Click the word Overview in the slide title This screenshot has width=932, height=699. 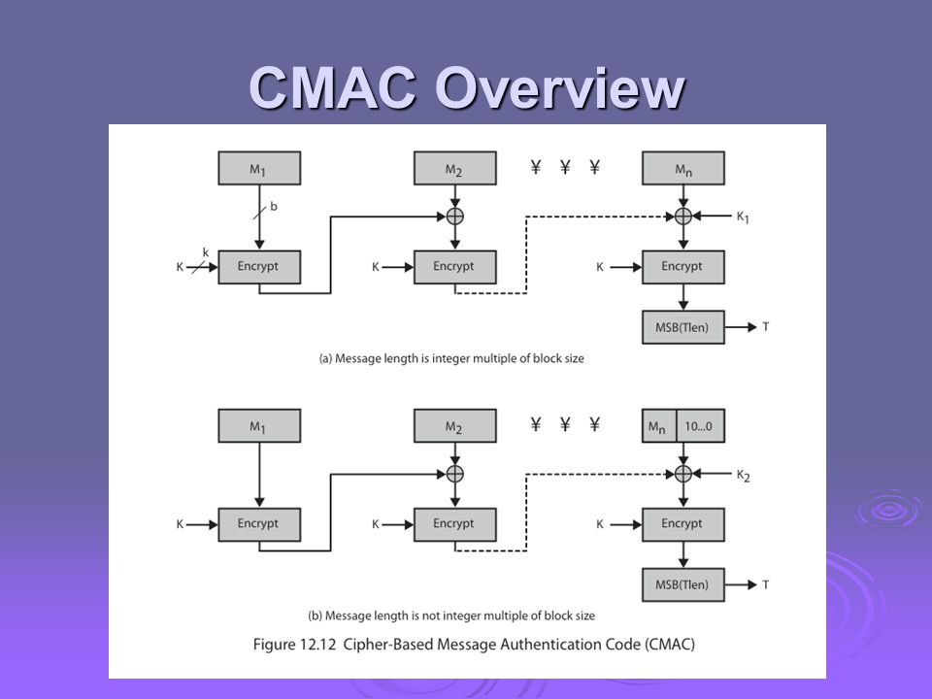coord(560,88)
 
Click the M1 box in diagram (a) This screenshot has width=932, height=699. coord(259,168)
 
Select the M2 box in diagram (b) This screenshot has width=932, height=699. coord(454,425)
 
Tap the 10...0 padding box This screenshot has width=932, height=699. coord(700,425)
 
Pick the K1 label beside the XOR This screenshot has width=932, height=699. coord(743,217)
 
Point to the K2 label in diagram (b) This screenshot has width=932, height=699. coord(743,476)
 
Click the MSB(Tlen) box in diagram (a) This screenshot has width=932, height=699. coord(682,327)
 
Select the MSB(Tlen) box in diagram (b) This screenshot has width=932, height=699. coord(682,584)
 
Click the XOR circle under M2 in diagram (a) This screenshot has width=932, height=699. coord(454,216)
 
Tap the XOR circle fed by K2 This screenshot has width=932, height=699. coord(682,474)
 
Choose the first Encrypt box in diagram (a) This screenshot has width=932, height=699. coord(259,267)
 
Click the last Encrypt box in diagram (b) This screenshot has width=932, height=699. coord(682,525)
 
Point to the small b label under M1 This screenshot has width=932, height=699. coord(274,206)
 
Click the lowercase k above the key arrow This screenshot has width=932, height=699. coord(206,252)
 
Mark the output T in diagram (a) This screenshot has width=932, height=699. coord(766,327)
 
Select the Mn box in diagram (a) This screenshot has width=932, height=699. coord(682,168)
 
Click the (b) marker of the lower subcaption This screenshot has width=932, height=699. coord(315,616)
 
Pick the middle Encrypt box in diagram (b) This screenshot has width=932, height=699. coord(454,525)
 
